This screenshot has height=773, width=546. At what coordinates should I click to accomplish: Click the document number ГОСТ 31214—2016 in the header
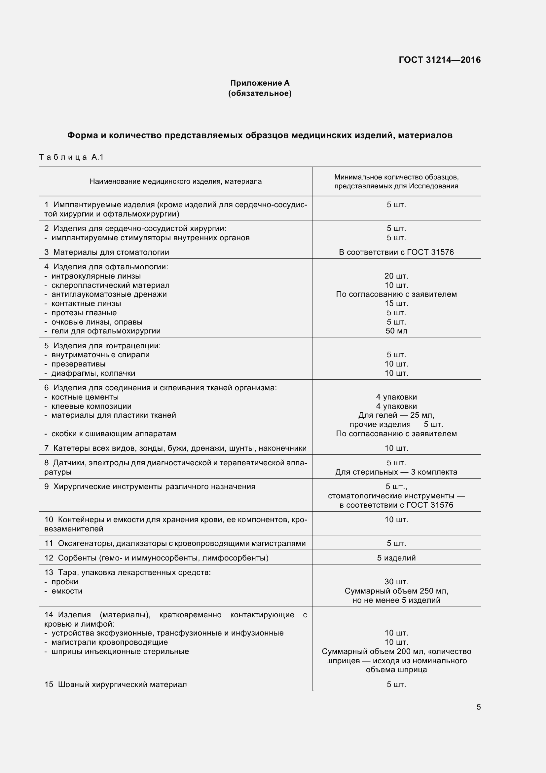coord(439,60)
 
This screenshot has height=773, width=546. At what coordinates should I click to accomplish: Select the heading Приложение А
coord(260,83)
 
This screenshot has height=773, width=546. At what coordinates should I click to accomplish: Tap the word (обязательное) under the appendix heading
coord(260,93)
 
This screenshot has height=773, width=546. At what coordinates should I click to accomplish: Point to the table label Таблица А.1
coord(71,157)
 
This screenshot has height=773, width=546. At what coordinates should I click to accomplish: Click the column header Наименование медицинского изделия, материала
coord(175,181)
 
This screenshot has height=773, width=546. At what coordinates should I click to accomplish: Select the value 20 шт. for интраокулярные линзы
coord(396,276)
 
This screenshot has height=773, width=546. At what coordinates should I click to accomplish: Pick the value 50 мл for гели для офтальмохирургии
coord(396,331)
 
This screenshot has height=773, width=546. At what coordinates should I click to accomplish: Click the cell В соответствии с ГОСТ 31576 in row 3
coord(396,252)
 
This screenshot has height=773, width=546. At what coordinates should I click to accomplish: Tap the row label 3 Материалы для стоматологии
coord(107,252)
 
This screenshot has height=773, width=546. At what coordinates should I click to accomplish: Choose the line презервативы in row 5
coord(78,364)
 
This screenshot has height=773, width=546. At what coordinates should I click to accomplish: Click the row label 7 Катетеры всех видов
coord(175,448)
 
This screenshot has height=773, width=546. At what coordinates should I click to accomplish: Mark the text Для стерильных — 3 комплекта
coord(396,472)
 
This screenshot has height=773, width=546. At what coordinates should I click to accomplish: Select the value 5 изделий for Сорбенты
coord(396,558)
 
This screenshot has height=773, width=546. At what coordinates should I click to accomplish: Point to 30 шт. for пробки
coord(396,582)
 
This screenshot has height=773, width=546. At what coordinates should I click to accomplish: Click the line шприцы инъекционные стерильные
coord(120,651)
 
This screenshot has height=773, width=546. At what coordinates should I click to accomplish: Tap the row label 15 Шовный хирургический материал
coord(115,684)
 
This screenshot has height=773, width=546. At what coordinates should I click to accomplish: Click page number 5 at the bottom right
coord(478,707)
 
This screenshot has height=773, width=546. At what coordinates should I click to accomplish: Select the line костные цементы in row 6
coord(85,397)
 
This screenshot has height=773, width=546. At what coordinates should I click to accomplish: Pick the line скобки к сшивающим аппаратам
coord(114,434)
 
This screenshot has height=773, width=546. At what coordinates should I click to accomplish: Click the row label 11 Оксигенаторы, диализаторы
coord(175,543)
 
